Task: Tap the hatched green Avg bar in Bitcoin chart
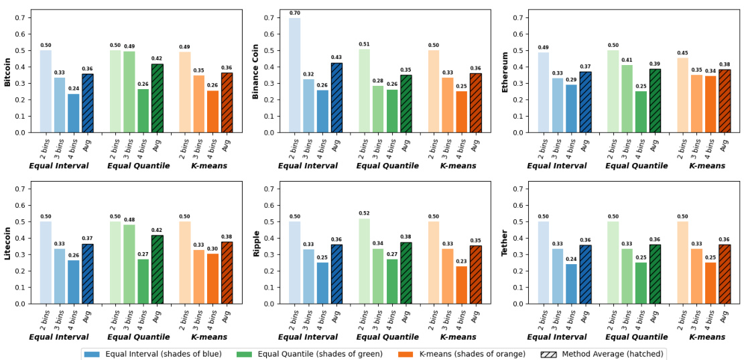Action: tap(157, 98)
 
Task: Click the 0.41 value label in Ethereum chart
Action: tap(627, 60)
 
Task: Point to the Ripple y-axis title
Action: tap(257, 242)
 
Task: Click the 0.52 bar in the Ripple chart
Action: tap(364, 261)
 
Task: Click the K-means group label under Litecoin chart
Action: tap(206, 337)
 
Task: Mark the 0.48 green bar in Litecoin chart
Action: tap(129, 264)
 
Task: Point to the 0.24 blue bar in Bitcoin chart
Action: tap(73, 113)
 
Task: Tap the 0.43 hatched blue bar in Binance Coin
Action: tap(336, 97)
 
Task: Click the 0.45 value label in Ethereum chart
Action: tap(682, 53)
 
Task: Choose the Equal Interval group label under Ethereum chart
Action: tap(557, 166)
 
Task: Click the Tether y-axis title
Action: tap(506, 242)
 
